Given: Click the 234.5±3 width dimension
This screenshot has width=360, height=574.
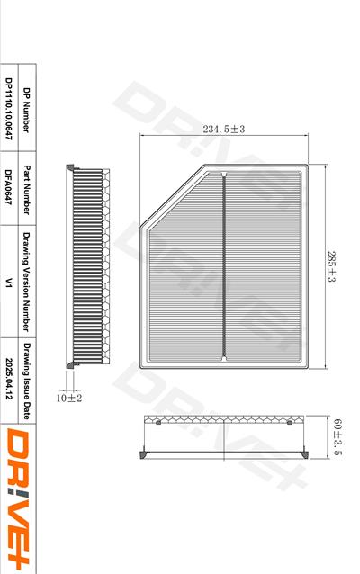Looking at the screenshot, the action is tap(224, 129).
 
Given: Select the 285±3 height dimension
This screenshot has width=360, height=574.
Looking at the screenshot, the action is tap(331, 266).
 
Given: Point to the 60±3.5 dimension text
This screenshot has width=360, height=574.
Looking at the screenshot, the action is tap(337, 437).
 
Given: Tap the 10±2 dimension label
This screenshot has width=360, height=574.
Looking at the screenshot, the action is tap(69, 398).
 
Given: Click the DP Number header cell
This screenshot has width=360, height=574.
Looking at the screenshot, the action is tap(26, 110).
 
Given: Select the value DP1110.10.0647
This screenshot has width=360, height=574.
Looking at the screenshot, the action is tap(9, 109).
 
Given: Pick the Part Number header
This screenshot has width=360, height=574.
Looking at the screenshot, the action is tap(26, 190).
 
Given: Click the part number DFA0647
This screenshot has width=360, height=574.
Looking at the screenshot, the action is tap(9, 187).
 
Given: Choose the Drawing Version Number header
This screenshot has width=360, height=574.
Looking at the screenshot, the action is tap(26, 282).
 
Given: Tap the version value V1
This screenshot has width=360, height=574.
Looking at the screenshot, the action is tap(9, 283).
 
